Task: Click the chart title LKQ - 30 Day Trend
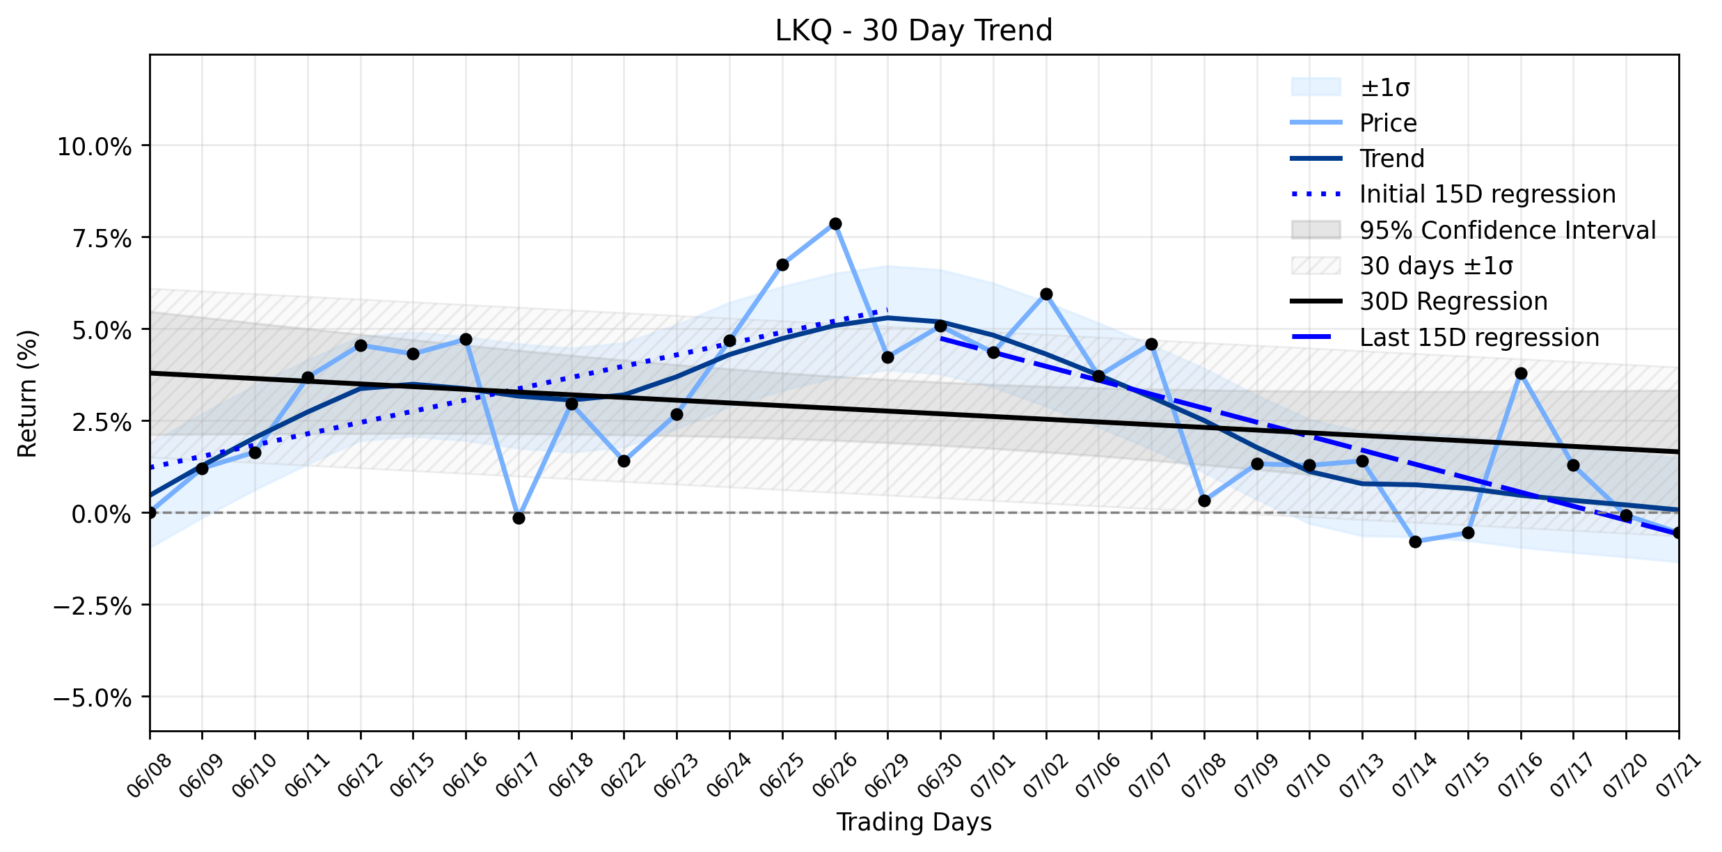tap(913, 31)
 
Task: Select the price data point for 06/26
tap(835, 223)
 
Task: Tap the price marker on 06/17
tap(519, 518)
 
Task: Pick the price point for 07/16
tap(1521, 374)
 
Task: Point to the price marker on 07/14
tap(1415, 542)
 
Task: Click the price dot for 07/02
tap(1046, 294)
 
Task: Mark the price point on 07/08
tap(1204, 500)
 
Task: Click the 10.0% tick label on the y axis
tap(95, 147)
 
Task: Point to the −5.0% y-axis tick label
tap(93, 698)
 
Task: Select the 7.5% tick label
tap(102, 239)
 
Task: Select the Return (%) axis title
tap(28, 393)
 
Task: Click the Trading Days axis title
tap(914, 822)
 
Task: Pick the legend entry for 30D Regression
tap(1453, 301)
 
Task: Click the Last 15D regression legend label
tap(1479, 338)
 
